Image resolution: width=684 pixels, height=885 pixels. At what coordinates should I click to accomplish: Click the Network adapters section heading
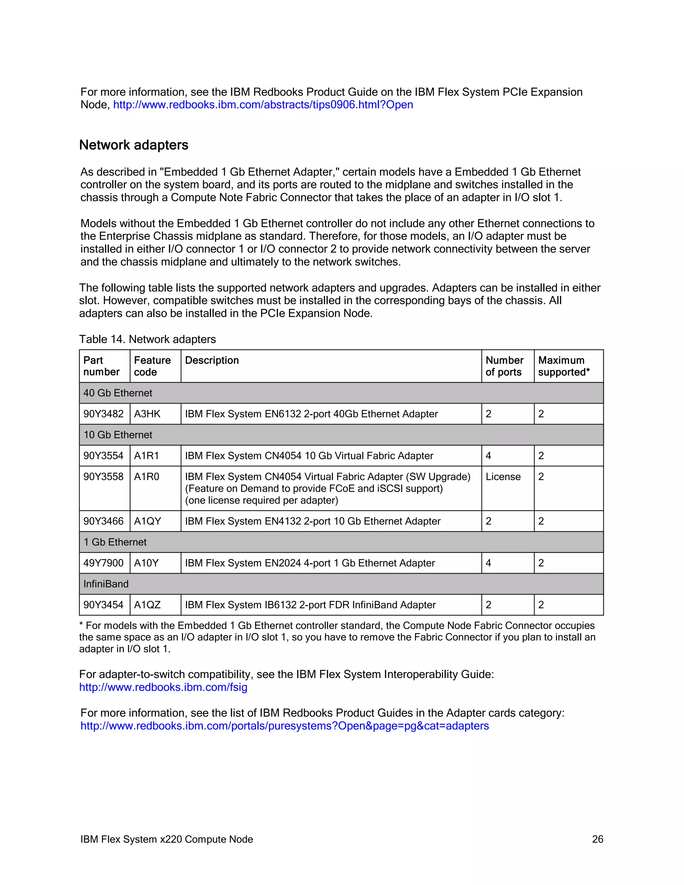(x=134, y=145)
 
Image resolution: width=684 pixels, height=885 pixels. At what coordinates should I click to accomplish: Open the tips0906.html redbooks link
(x=263, y=105)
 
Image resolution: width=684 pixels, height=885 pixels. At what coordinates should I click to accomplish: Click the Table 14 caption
(x=148, y=339)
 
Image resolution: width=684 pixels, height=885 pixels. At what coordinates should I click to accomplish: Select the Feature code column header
(x=152, y=366)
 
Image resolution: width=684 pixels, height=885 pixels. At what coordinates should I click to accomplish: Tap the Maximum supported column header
(x=564, y=366)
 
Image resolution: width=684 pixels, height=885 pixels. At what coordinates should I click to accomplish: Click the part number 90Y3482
(x=103, y=414)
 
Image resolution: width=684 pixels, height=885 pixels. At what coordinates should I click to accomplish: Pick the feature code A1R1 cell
(x=146, y=456)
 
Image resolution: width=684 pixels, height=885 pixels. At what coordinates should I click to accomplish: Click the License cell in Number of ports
(x=503, y=477)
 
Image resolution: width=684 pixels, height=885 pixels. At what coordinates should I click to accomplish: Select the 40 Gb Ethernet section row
(x=118, y=393)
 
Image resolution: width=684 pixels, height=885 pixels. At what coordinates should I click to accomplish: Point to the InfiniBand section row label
(x=106, y=584)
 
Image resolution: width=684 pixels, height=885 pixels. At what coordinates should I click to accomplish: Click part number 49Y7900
(x=103, y=563)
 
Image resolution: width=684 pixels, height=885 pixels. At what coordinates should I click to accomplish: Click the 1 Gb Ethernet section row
(x=115, y=542)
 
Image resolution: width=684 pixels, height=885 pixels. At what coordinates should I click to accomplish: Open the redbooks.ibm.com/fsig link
(x=163, y=687)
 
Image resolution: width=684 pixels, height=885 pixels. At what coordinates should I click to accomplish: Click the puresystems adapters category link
(x=285, y=726)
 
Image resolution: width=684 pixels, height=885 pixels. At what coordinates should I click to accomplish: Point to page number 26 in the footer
(x=597, y=839)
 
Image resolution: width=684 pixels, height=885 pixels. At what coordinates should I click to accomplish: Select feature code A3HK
(x=147, y=414)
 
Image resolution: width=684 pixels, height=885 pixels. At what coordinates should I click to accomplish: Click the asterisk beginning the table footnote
(x=81, y=625)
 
